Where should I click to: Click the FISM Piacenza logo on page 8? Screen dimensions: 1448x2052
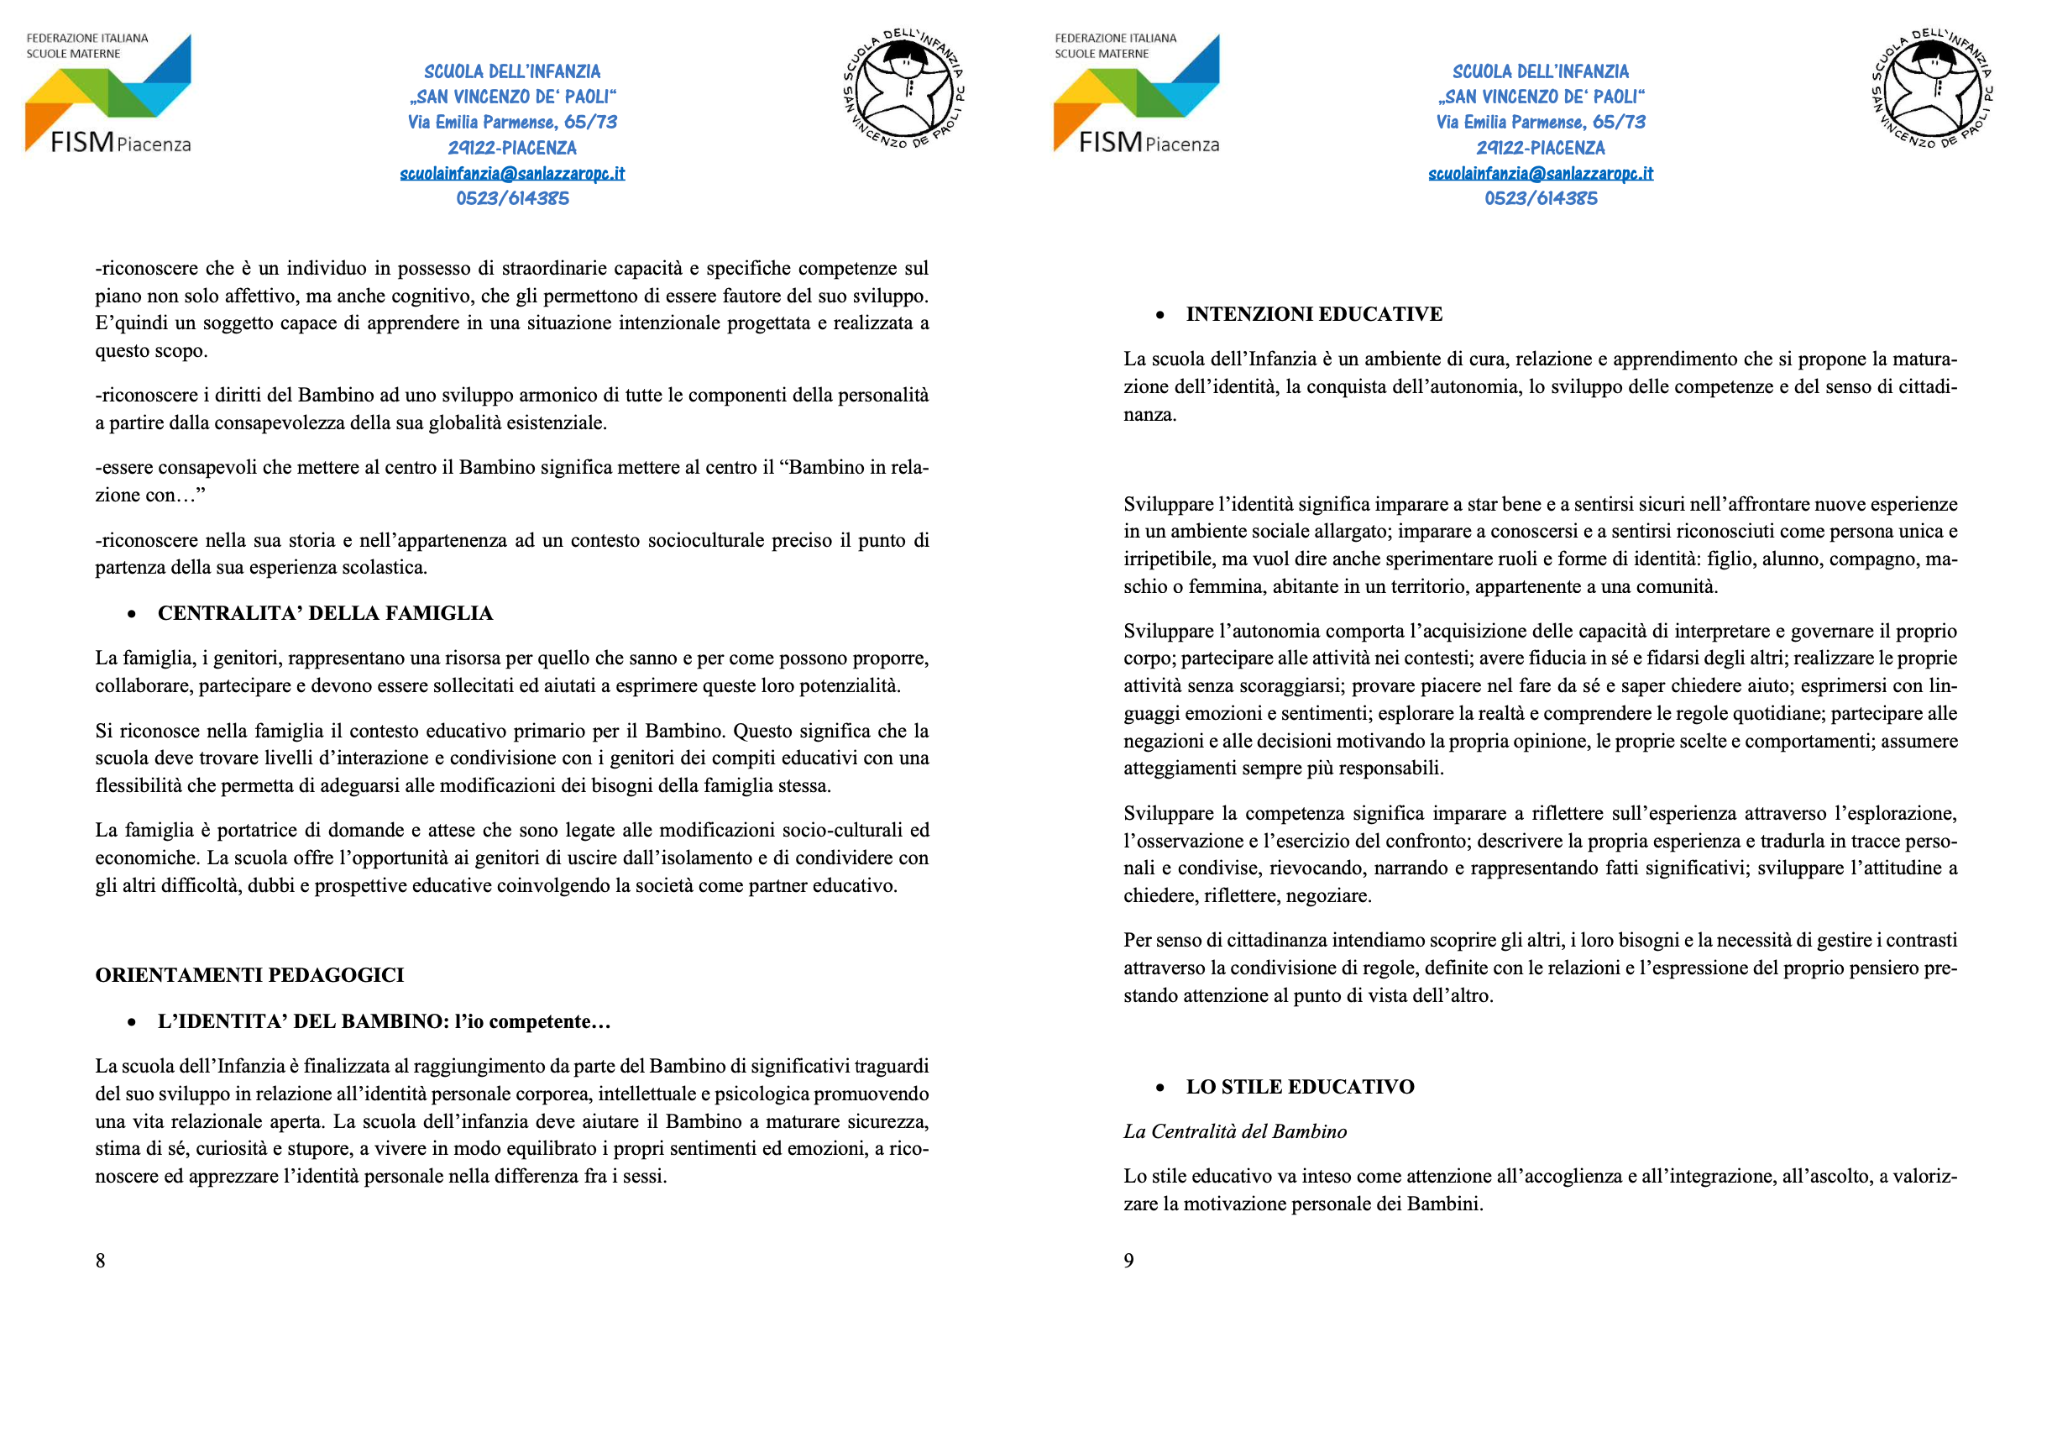tap(108, 93)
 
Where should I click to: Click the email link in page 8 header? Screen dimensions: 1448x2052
tap(512, 173)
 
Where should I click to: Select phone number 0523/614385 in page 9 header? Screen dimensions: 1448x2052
tap(1540, 198)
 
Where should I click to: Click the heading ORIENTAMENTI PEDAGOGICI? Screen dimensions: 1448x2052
tap(249, 974)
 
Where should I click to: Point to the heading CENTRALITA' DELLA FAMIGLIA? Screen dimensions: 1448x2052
tap(325, 613)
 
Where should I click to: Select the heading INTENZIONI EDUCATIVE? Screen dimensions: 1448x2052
tap(1314, 314)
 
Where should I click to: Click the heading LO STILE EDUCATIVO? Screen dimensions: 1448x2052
tap(1300, 1087)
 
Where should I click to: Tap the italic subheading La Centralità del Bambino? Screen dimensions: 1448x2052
tap(1234, 1131)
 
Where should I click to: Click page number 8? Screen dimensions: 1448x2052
tap(100, 1261)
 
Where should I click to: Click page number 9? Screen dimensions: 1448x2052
tap(1128, 1261)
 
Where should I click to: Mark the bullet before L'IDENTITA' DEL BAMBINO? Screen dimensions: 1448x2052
tap(133, 1022)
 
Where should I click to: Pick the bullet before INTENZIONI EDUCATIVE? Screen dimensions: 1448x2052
tap(1160, 315)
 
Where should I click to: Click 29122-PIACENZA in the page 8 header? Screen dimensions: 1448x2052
tap(512, 148)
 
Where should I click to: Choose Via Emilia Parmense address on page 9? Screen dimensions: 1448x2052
tap(1540, 122)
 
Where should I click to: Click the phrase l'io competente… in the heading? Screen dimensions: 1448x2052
tap(532, 1021)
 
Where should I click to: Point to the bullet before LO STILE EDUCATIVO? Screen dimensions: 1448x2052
tap(1160, 1088)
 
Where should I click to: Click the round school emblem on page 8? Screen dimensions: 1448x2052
tap(903, 89)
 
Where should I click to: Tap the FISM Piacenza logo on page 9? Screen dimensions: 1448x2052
tap(1136, 93)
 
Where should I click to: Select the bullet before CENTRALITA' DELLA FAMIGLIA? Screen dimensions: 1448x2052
tap(133, 614)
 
